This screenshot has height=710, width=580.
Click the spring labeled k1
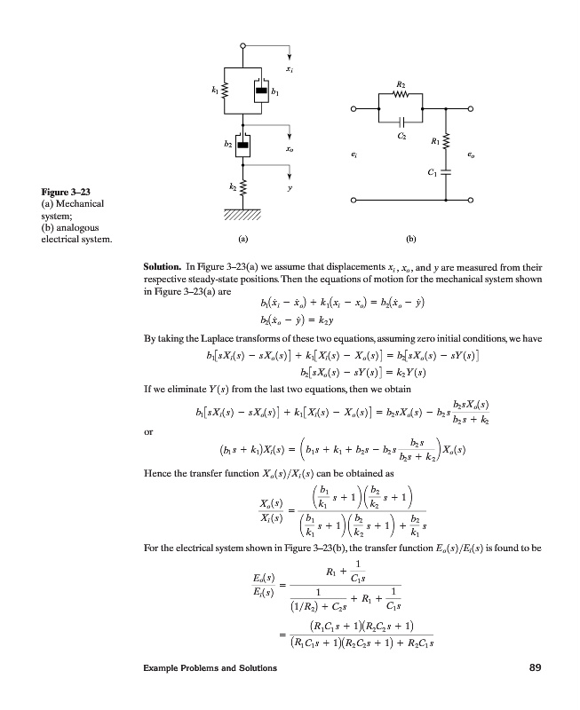[x=225, y=90]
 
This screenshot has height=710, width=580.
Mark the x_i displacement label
[x=290, y=67]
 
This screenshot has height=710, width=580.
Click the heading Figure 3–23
[x=66, y=192]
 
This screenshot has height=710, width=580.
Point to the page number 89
[x=535, y=692]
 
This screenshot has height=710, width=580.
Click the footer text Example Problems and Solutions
[x=212, y=692]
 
